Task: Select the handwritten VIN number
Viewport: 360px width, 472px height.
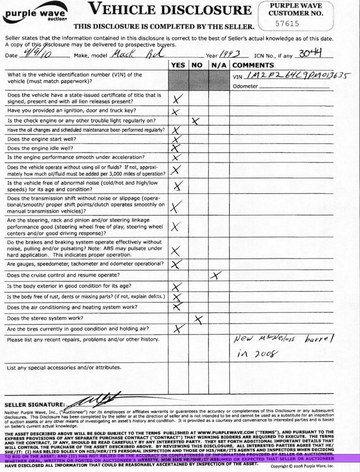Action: point(299,75)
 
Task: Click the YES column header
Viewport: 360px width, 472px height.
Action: point(178,65)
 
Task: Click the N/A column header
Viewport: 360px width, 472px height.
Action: point(218,65)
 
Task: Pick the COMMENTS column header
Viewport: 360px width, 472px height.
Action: point(253,65)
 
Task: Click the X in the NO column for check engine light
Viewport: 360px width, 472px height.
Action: point(195,121)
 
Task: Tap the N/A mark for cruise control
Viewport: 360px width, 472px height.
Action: point(216,275)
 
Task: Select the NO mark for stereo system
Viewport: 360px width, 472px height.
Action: point(199,319)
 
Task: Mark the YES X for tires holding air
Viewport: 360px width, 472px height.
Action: point(179,328)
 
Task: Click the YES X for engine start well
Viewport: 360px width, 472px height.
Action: point(177,140)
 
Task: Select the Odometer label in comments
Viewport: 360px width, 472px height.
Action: point(245,86)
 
